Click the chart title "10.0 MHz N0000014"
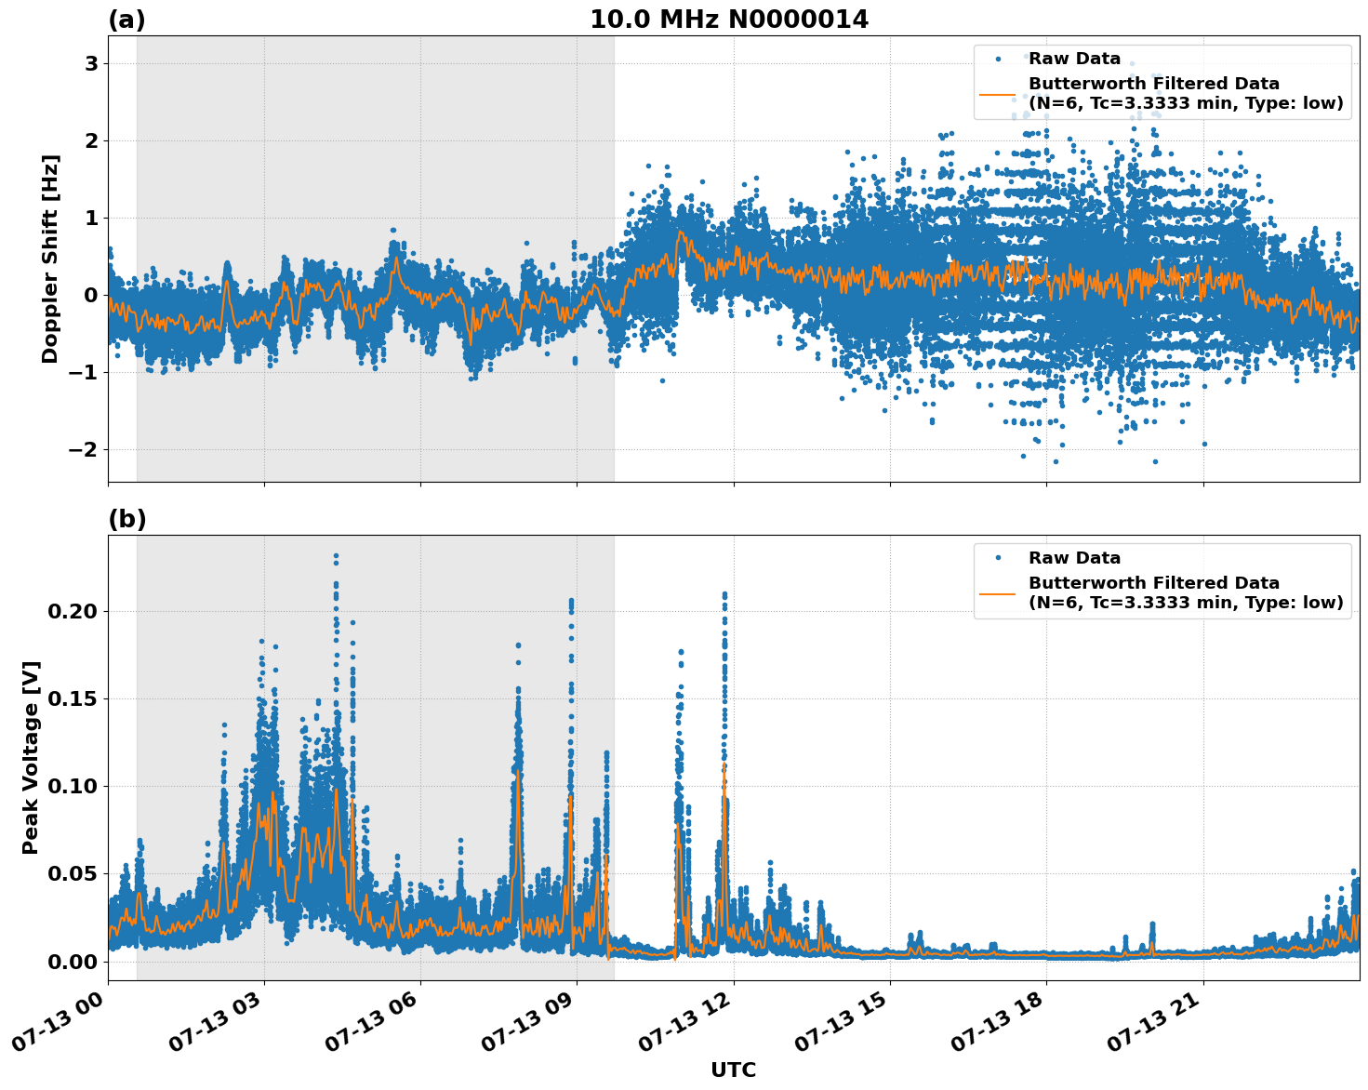point(728,20)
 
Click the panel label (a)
point(126,20)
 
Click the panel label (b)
point(126,519)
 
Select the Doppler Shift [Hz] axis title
point(50,259)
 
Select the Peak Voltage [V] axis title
point(31,757)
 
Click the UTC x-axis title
point(733,1070)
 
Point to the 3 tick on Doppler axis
point(91,63)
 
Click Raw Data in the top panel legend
point(1074,59)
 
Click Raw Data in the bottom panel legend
point(1074,558)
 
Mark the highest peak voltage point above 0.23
point(336,556)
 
